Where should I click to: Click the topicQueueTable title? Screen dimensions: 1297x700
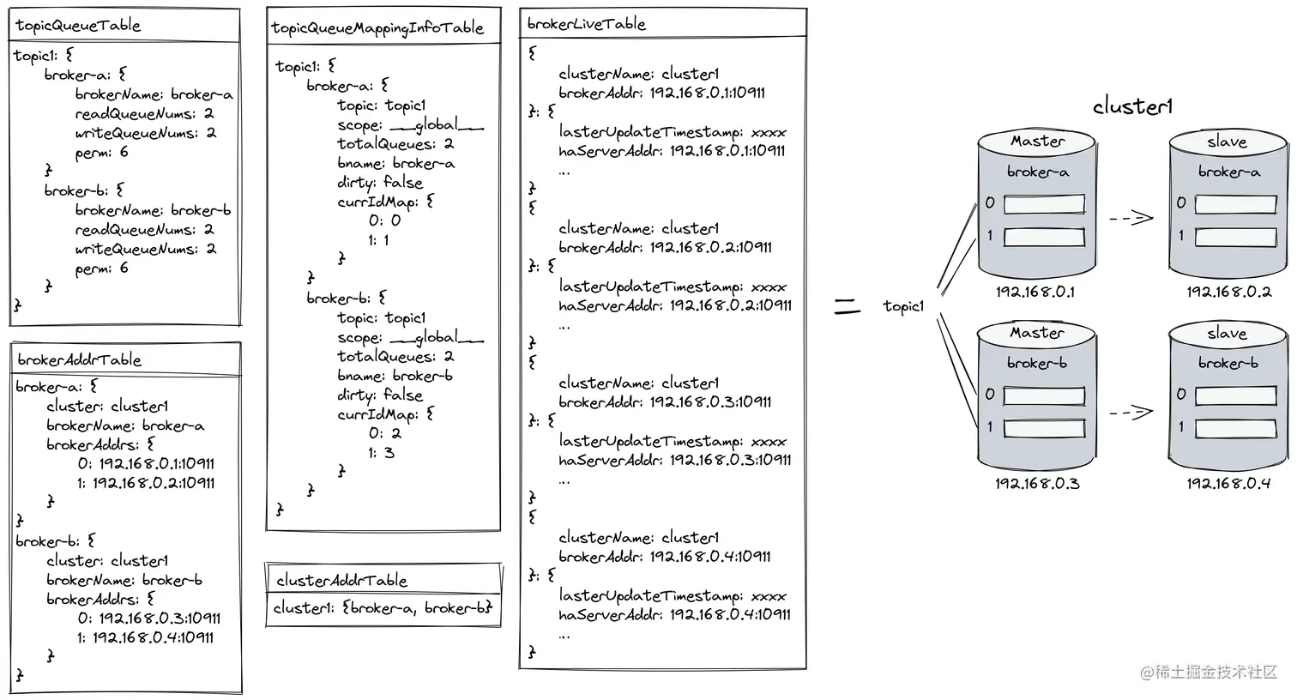(x=77, y=26)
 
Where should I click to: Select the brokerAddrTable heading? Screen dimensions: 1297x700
(x=79, y=359)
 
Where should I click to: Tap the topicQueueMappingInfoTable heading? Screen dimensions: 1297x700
(x=377, y=27)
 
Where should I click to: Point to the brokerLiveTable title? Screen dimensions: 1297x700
(x=586, y=24)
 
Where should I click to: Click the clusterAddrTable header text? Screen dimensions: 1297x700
(x=341, y=580)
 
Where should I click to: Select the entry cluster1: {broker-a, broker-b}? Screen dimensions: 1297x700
(x=383, y=608)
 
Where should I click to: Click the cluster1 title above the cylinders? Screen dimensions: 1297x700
(x=1132, y=106)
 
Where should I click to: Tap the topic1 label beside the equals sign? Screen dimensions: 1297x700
(x=903, y=305)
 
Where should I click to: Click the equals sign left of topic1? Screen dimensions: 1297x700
(x=848, y=305)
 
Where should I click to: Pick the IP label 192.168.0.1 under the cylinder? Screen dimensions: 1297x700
(x=1035, y=292)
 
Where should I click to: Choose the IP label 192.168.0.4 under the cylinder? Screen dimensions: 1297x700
(x=1228, y=484)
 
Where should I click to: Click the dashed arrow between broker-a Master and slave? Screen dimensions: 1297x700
(x=1131, y=218)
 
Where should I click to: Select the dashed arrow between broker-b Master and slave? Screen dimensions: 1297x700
(x=1131, y=413)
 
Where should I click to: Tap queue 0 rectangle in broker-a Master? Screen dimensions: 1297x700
(x=1044, y=204)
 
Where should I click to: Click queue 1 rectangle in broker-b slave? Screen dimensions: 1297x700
(x=1235, y=428)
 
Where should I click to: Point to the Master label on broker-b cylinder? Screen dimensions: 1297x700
(x=1037, y=332)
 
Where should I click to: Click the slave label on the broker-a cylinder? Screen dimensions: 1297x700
(x=1227, y=142)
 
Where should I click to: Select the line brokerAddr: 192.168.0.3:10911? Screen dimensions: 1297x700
(x=665, y=401)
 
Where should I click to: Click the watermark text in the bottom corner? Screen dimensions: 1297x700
(x=1209, y=672)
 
